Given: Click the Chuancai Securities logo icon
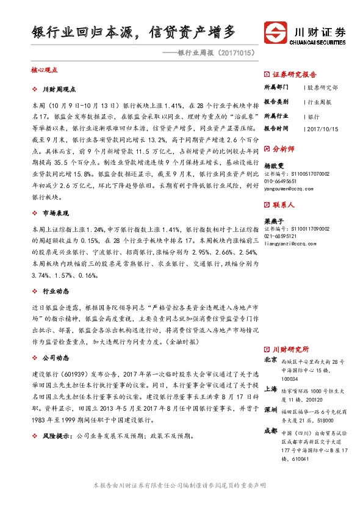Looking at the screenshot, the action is [x=275, y=32].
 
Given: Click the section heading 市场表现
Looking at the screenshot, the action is [x=54, y=214].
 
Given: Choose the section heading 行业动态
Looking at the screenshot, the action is [x=54, y=292].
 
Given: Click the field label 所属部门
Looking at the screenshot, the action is [x=276, y=87].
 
